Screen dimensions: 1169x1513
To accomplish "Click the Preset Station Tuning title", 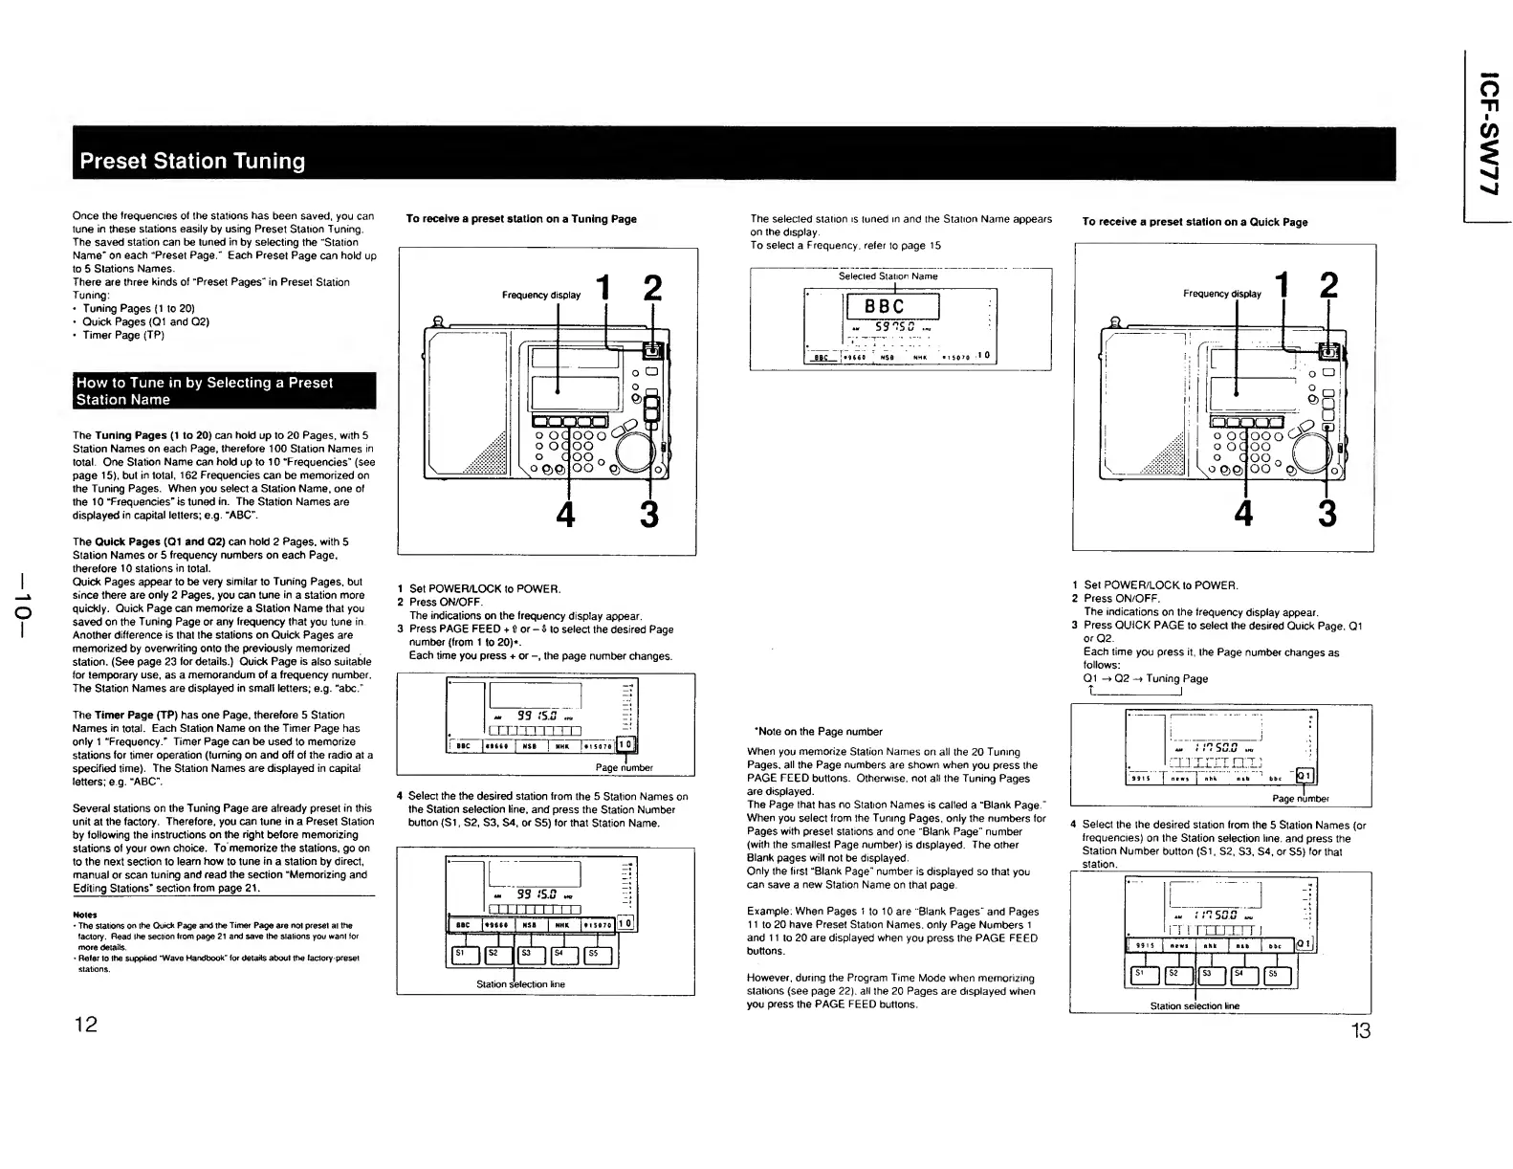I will [x=192, y=161].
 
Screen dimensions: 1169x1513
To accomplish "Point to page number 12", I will [x=86, y=1025].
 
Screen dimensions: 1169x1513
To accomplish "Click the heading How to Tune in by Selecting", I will [x=205, y=390].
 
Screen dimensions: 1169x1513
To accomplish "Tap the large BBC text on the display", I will [x=890, y=307].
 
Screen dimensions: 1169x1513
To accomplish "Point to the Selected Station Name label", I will [x=888, y=276].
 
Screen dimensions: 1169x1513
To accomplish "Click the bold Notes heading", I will [x=84, y=914].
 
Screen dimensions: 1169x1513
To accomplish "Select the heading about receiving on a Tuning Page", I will [x=521, y=219].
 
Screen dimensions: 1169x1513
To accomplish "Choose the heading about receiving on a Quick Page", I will [x=1195, y=222].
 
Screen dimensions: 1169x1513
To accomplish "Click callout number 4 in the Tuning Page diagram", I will [x=566, y=515].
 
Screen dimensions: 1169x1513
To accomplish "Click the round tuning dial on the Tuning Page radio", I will [x=632, y=450].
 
